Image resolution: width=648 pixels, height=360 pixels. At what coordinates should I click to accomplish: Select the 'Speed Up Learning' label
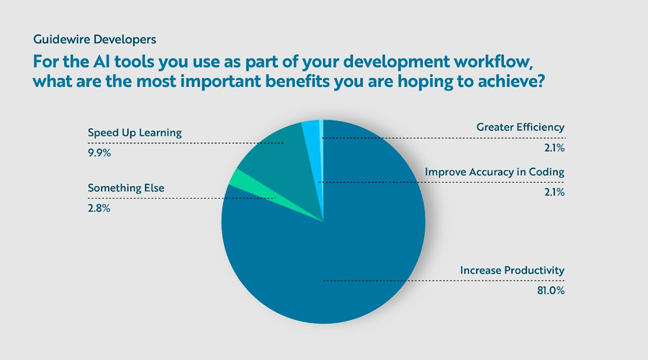coord(135,132)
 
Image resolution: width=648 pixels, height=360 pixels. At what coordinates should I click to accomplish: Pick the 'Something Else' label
coord(126,188)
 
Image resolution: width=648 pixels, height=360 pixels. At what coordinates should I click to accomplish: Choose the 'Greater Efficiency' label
coord(521,127)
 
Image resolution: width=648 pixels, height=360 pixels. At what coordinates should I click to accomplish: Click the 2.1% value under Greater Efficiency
coord(554,148)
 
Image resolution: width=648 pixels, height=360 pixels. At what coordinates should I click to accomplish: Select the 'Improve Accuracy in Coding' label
coord(495,172)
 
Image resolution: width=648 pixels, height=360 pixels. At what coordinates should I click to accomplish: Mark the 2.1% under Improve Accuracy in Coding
coord(554,192)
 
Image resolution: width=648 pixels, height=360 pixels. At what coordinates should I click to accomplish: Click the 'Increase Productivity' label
coord(513,271)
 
